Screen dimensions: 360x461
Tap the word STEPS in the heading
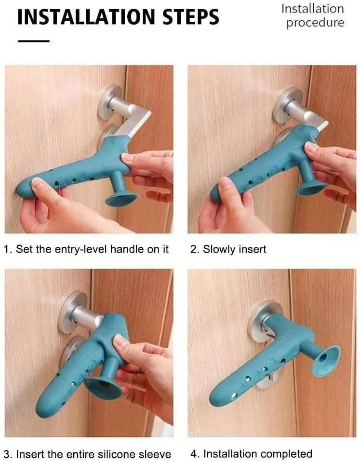click(x=191, y=16)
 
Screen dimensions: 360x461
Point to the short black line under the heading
click(x=34, y=41)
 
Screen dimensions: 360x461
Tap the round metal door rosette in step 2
click(x=287, y=105)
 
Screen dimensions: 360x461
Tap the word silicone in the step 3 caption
click(x=116, y=454)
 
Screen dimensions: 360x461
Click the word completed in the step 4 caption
click(x=286, y=454)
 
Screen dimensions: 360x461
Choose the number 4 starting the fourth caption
click(x=194, y=454)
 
